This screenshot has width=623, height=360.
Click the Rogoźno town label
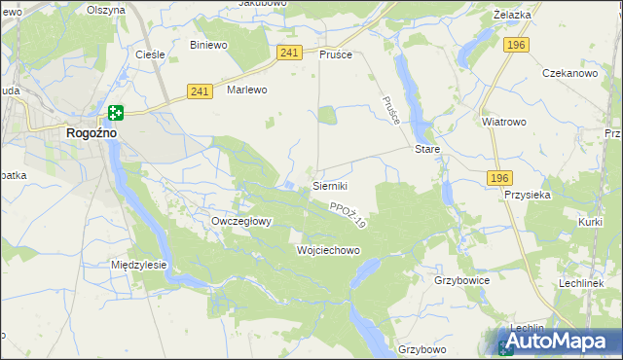point(92,134)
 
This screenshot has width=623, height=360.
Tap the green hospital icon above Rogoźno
point(116,114)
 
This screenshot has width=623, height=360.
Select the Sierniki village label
point(330,185)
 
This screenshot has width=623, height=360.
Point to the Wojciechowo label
point(327,250)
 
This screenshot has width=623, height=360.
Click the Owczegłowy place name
point(241,221)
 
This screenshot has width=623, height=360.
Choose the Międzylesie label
point(139,265)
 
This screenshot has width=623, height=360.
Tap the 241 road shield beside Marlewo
point(199,91)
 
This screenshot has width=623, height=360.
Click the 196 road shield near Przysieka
point(499,176)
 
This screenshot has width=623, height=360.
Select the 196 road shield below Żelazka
point(516,45)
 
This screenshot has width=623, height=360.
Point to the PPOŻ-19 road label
point(347,216)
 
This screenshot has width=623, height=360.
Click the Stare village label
point(427,150)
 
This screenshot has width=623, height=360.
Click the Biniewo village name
point(208,45)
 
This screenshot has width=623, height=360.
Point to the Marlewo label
point(246,90)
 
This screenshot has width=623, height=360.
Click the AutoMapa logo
point(553,342)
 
